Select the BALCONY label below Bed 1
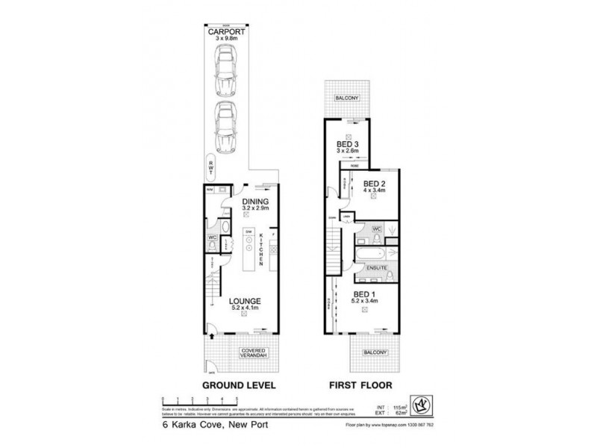pos(375,352)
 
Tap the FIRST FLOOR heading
pos(363,386)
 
